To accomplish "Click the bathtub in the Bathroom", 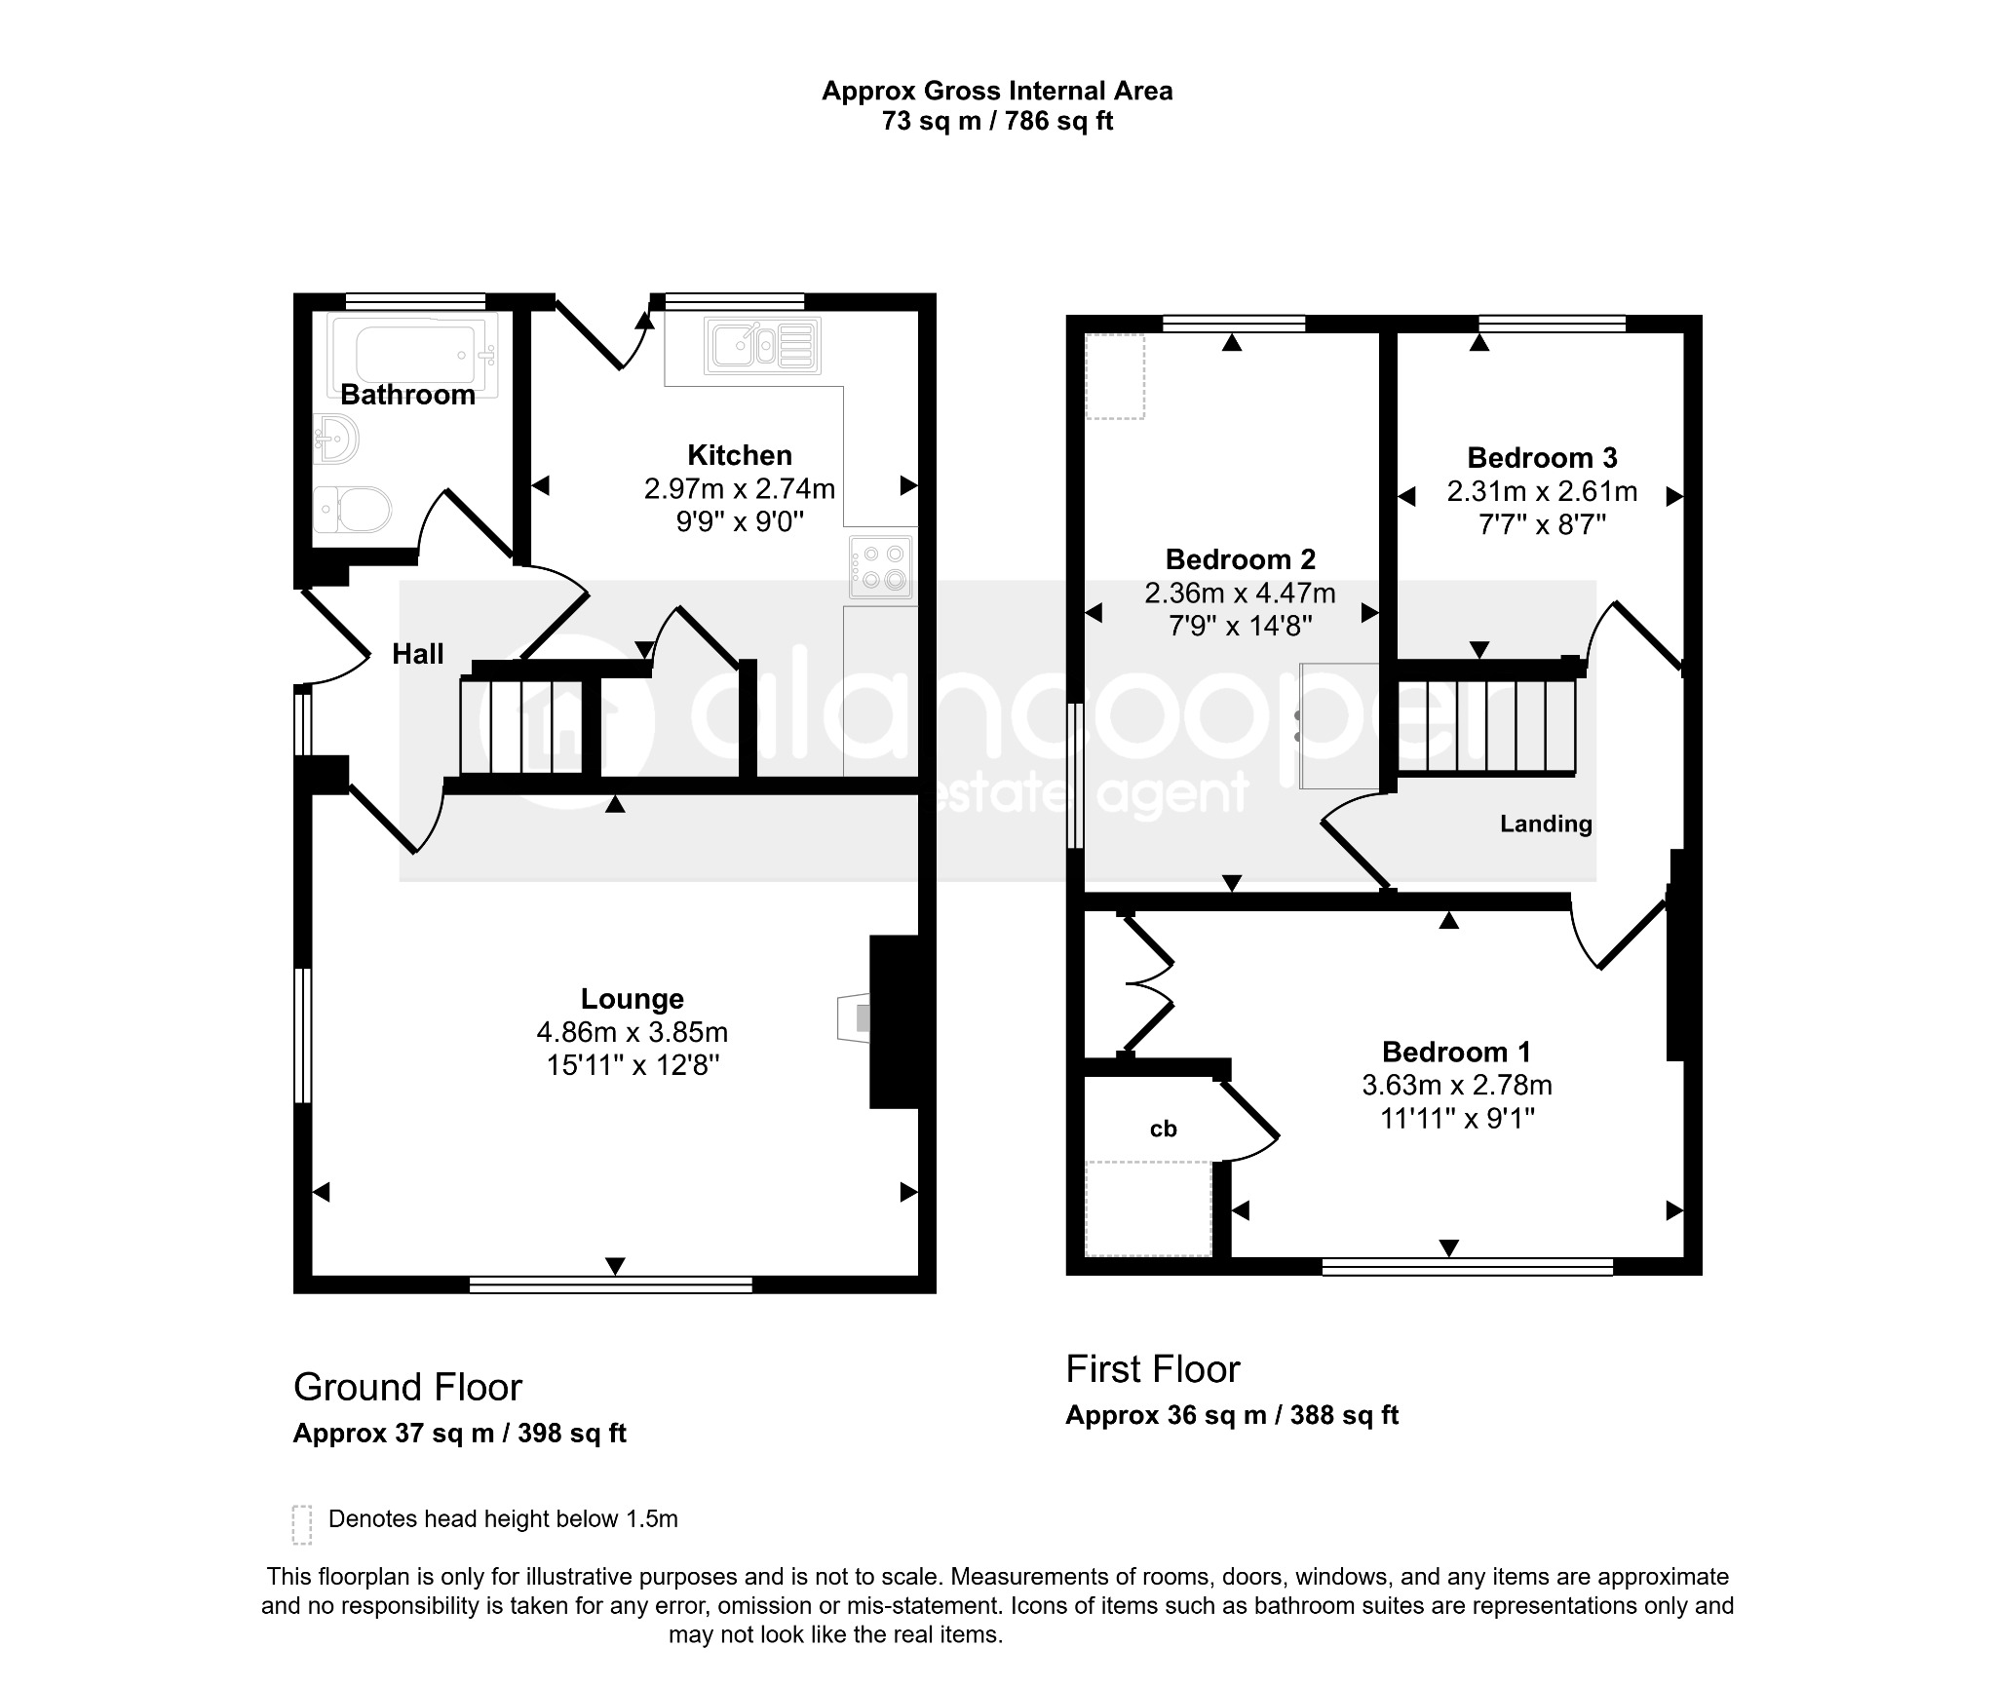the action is click(x=413, y=354).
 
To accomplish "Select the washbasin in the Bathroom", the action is click(x=336, y=441).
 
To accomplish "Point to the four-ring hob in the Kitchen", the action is click(x=881, y=567).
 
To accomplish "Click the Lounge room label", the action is click(x=633, y=999).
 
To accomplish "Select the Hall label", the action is click(x=418, y=654).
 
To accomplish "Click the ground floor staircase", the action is click(x=521, y=726).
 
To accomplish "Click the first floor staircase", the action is click(x=1486, y=727).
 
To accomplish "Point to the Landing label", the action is click(x=1546, y=824).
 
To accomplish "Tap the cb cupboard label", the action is click(x=1164, y=1129).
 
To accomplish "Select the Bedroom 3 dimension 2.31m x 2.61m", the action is click(x=1542, y=492).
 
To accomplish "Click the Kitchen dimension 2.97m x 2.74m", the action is click(x=740, y=488).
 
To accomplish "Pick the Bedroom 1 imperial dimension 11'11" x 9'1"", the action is click(x=1457, y=1119).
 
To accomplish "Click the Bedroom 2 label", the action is click(x=1241, y=559).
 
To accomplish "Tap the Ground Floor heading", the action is click(x=407, y=1387).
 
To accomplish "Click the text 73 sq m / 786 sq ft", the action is click(x=997, y=121).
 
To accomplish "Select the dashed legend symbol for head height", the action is click(x=302, y=1524).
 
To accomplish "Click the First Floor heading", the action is click(x=1153, y=1369).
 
